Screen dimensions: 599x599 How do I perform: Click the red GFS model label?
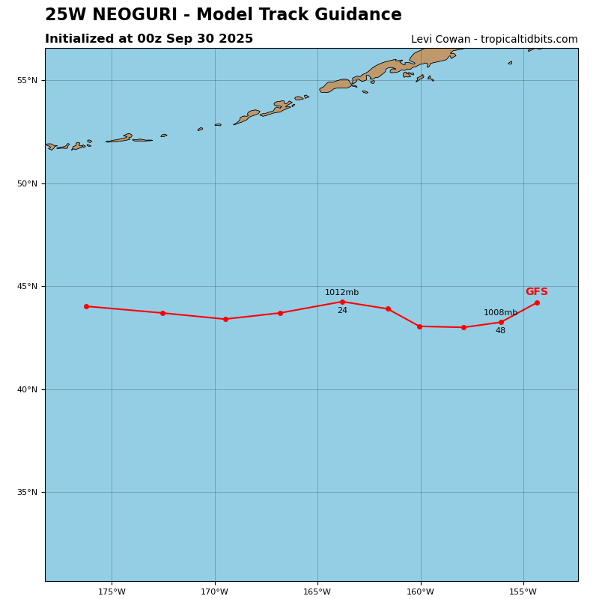coord(536,292)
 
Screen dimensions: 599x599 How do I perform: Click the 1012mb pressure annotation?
coord(341,293)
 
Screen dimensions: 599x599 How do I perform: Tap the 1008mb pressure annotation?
coord(500,313)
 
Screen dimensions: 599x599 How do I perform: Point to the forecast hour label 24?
coord(342,311)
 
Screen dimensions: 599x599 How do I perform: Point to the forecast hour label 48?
coord(500,331)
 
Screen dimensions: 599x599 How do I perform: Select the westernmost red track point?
coord(86,306)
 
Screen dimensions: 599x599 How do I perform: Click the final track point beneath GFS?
coord(537,302)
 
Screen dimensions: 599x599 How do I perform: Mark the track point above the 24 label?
coord(342,302)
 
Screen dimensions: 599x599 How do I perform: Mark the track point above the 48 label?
coord(501,322)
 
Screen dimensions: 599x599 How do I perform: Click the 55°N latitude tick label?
coord(27,81)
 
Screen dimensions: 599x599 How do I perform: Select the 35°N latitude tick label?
coord(27,493)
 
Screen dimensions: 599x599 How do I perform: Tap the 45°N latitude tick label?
coord(27,287)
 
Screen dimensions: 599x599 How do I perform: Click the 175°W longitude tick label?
coord(112,592)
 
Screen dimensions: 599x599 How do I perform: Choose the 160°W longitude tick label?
coord(420,592)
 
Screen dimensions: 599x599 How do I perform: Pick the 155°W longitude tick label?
coord(523,592)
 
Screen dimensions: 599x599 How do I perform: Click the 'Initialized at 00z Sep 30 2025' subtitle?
coord(149,39)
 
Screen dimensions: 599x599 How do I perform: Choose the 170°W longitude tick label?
coord(214,592)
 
